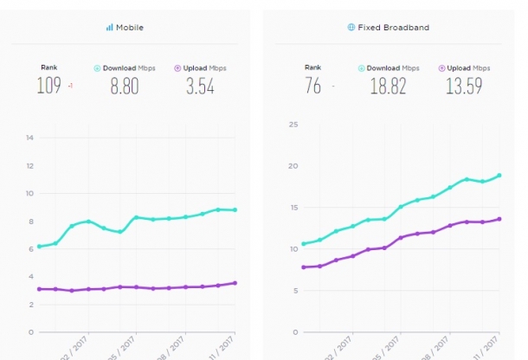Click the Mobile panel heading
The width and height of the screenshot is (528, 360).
pos(131,28)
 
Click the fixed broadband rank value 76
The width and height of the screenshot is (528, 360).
pos(313,86)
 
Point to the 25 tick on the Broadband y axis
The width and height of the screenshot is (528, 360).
pos(293,125)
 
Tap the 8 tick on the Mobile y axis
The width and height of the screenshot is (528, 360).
pos(29,221)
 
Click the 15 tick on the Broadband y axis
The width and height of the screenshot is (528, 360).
pos(293,208)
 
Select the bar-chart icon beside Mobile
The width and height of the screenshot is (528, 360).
pos(110,28)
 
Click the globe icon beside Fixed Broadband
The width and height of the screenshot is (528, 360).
pos(351,28)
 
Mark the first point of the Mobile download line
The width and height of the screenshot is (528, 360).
pos(39,247)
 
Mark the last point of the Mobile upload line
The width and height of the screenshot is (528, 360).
pos(235,283)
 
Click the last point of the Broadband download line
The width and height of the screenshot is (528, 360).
pos(499,176)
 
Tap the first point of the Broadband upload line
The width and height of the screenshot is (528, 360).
pos(304,267)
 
